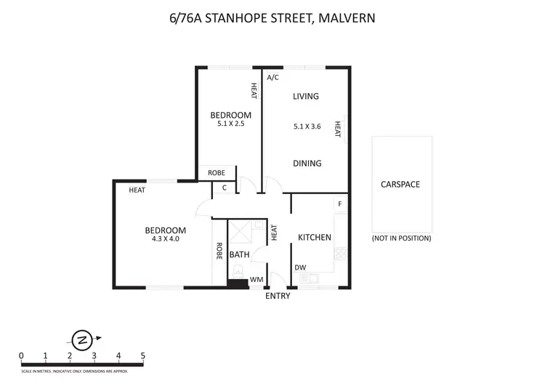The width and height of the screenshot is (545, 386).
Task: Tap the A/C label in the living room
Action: pyautogui.click(x=273, y=77)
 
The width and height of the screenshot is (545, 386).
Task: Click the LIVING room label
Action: pyautogui.click(x=306, y=96)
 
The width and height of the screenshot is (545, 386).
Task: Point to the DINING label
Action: pyautogui.click(x=307, y=164)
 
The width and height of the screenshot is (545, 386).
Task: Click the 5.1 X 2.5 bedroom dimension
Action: pyautogui.click(x=230, y=124)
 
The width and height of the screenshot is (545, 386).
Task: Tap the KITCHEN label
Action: pyautogui.click(x=315, y=238)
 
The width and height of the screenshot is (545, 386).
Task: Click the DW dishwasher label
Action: pyautogui.click(x=300, y=268)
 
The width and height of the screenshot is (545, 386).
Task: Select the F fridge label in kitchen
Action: pyautogui.click(x=339, y=204)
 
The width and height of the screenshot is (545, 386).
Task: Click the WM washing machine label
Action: pyautogui.click(x=256, y=279)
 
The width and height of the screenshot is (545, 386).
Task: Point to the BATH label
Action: pyautogui.click(x=239, y=255)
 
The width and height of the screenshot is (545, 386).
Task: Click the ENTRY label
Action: pyautogui.click(x=278, y=296)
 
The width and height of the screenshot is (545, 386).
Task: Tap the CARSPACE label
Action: pyautogui.click(x=400, y=184)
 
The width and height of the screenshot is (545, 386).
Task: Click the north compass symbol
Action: pyautogui.click(x=82, y=338)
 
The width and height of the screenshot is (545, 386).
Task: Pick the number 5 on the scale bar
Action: pyautogui.click(x=143, y=355)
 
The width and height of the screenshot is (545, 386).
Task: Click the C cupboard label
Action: pyautogui.click(x=225, y=188)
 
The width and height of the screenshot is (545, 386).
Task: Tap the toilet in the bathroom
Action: pyautogui.click(x=238, y=273)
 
